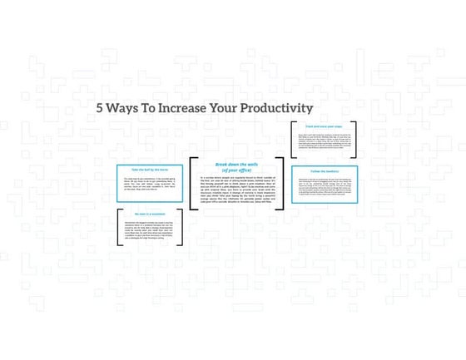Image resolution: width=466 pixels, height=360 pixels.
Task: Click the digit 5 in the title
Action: pyautogui.click(x=100, y=108)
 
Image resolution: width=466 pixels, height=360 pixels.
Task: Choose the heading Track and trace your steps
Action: pyautogui.click(x=325, y=127)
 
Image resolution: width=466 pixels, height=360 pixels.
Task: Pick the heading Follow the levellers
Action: pyautogui.click(x=325, y=172)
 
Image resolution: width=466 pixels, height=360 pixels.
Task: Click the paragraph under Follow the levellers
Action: pyautogui.click(x=325, y=188)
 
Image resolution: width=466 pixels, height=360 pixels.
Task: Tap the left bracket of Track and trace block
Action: pyautogui.click(x=292, y=140)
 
